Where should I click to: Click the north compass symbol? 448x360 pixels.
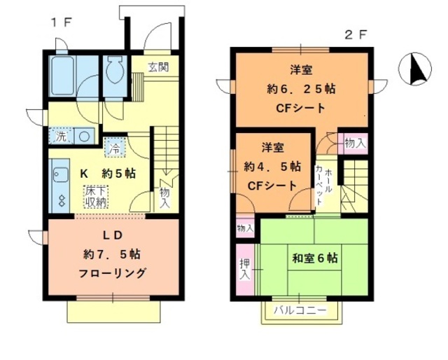pyautogui.click(x=412, y=69)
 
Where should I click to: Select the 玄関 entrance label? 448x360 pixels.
pyautogui.click(x=157, y=67)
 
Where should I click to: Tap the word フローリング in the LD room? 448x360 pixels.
pyautogui.click(x=113, y=272)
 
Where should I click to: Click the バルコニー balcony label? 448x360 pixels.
pyautogui.click(x=300, y=310)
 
